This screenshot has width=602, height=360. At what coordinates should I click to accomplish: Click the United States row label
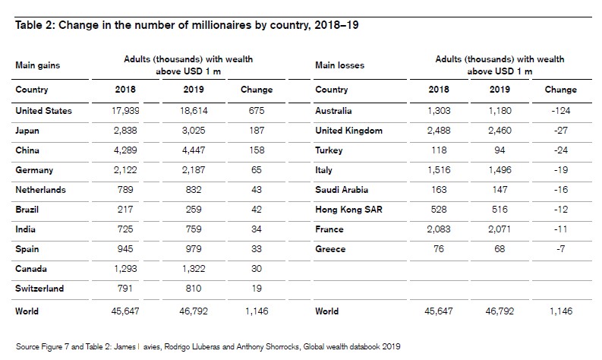(x=44, y=111)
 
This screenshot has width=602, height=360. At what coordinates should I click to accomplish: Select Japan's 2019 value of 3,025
(x=194, y=131)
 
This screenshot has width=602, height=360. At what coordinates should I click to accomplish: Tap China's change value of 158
(x=257, y=150)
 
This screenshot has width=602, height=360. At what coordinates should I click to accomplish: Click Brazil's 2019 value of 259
(x=194, y=210)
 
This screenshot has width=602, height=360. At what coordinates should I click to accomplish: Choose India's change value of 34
(x=257, y=229)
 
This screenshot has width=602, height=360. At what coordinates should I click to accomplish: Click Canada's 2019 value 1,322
(x=194, y=269)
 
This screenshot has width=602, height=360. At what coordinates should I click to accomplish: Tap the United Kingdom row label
(x=350, y=131)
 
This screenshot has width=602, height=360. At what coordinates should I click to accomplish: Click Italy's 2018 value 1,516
(x=439, y=170)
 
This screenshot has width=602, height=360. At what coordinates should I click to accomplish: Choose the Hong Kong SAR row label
(x=345, y=210)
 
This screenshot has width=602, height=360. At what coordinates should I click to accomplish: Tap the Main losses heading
(x=339, y=65)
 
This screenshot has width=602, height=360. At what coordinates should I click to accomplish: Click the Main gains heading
(x=37, y=65)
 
